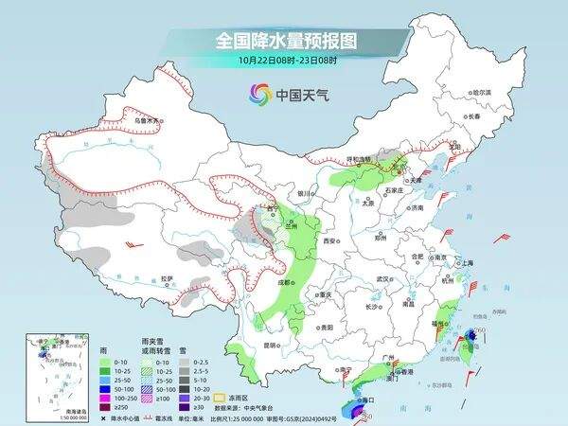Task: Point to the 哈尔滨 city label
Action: click(x=483, y=92)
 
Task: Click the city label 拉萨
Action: click(x=168, y=278)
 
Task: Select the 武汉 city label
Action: click(x=383, y=279)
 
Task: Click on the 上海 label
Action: click(x=468, y=263)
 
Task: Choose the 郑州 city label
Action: click(x=381, y=239)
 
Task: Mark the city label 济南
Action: click(x=416, y=207)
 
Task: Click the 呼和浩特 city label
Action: click(x=360, y=159)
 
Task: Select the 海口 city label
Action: click(x=363, y=402)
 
